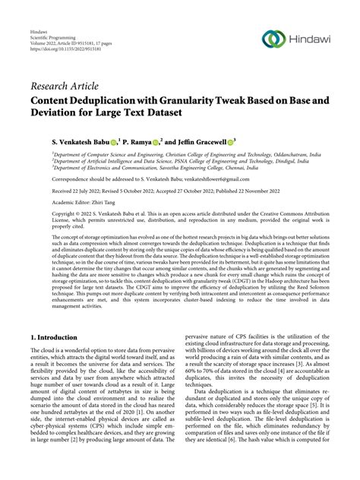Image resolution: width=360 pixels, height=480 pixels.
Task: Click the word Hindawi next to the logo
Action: (314, 38)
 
